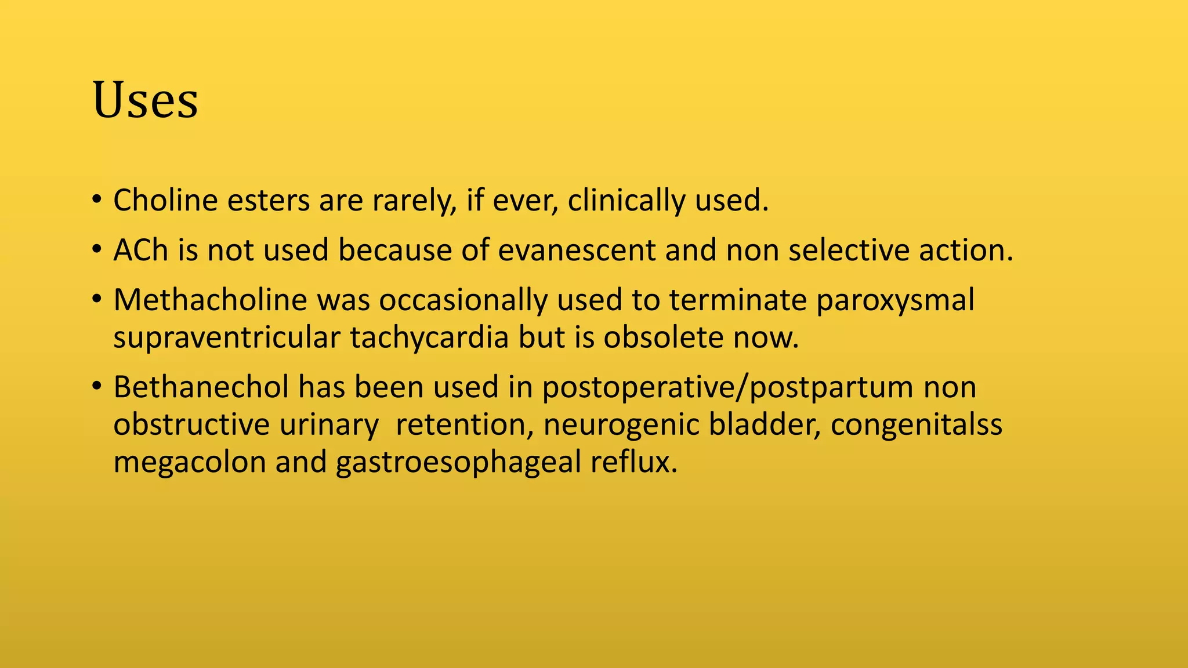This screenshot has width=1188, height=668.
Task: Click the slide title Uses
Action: coord(145,100)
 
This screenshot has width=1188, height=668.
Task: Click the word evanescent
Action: coord(577,251)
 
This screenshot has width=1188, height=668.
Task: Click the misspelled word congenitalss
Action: coord(916,426)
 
